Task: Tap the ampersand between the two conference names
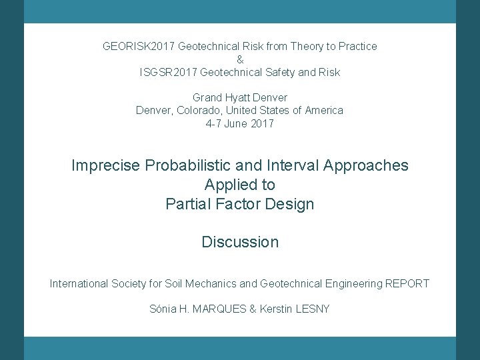click(240, 59)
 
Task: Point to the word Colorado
click(199, 110)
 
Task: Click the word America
click(323, 110)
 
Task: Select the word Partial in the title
click(188, 204)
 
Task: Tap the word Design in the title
click(289, 204)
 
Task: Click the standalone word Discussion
click(240, 242)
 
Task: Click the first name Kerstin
click(277, 309)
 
